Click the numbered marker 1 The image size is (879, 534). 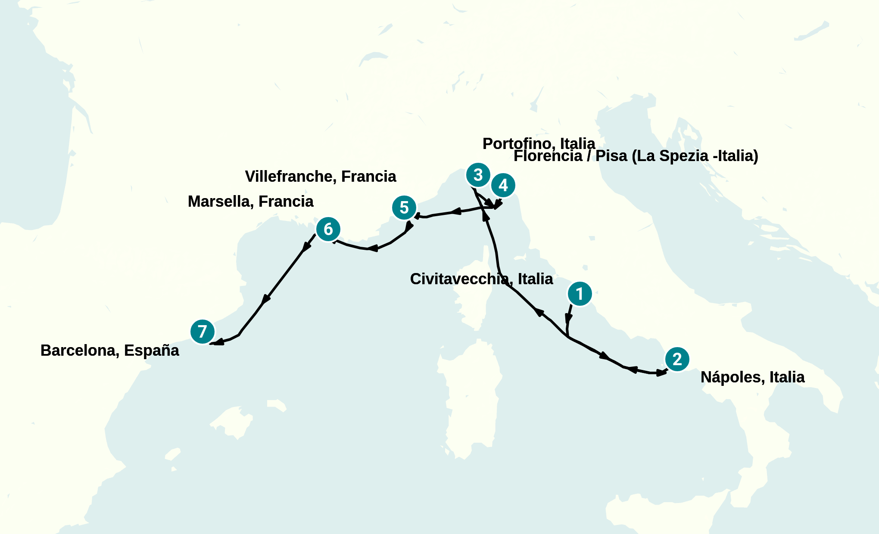pyautogui.click(x=580, y=294)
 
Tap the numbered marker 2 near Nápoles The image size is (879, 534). pyautogui.click(x=677, y=359)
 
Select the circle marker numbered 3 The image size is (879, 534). pyautogui.click(x=478, y=175)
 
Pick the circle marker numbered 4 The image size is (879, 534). pyautogui.click(x=503, y=185)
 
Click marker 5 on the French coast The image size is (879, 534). pyautogui.click(x=404, y=208)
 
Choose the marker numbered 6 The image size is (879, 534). pyautogui.click(x=328, y=229)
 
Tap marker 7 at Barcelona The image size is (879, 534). pyautogui.click(x=202, y=332)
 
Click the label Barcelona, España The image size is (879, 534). pyautogui.click(x=109, y=351)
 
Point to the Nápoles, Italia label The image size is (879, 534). pyautogui.click(x=752, y=377)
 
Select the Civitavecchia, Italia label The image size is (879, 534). pyautogui.click(x=481, y=279)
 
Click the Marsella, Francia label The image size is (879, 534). pyautogui.click(x=250, y=202)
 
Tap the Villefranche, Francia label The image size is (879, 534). pyautogui.click(x=320, y=177)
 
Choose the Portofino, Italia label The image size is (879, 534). pyautogui.click(x=539, y=143)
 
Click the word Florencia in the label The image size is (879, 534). pyautogui.click(x=548, y=156)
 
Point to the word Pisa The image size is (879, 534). pyautogui.click(x=611, y=156)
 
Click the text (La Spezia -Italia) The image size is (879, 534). pyautogui.click(x=695, y=156)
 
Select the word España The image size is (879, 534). pyautogui.click(x=151, y=351)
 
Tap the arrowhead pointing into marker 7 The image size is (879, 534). pyautogui.click(x=218, y=342)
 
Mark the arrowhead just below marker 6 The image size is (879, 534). pyautogui.click(x=307, y=247)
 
